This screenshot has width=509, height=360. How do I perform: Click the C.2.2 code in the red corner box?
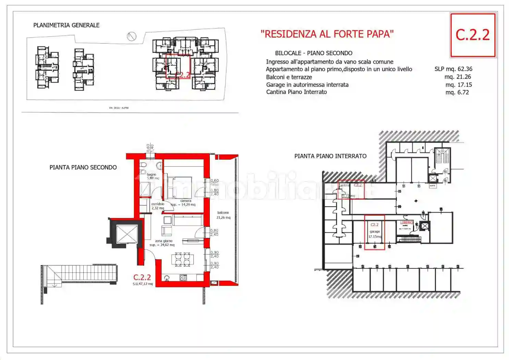coord(472,35)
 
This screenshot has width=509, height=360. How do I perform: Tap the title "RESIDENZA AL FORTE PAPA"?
coord(327,34)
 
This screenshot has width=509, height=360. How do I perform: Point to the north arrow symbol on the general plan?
coord(132,36)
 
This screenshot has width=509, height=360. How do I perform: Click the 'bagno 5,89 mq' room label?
coord(152,176)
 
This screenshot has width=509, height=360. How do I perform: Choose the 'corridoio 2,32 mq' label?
coord(158,206)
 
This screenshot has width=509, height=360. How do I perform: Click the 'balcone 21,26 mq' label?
coord(223,215)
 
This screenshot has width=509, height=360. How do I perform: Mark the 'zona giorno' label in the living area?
coord(163,241)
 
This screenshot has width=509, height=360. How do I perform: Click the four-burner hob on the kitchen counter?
coord(183,278)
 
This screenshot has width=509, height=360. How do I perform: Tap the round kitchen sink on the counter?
coord(167,278)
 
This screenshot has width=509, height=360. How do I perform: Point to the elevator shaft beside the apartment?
coord(126,234)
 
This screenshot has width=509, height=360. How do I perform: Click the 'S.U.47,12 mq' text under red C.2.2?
coord(143,284)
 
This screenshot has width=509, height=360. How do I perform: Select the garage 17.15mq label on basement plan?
coord(374,234)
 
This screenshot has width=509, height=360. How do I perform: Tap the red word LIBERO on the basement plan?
coord(407,223)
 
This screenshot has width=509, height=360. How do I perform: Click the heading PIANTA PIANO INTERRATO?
coord(330,156)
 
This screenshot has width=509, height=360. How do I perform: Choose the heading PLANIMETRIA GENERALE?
coord(66,25)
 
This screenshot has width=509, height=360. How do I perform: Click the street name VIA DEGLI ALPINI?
coord(119,108)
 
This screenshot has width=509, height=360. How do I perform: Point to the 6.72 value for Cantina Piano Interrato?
coord(463,92)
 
